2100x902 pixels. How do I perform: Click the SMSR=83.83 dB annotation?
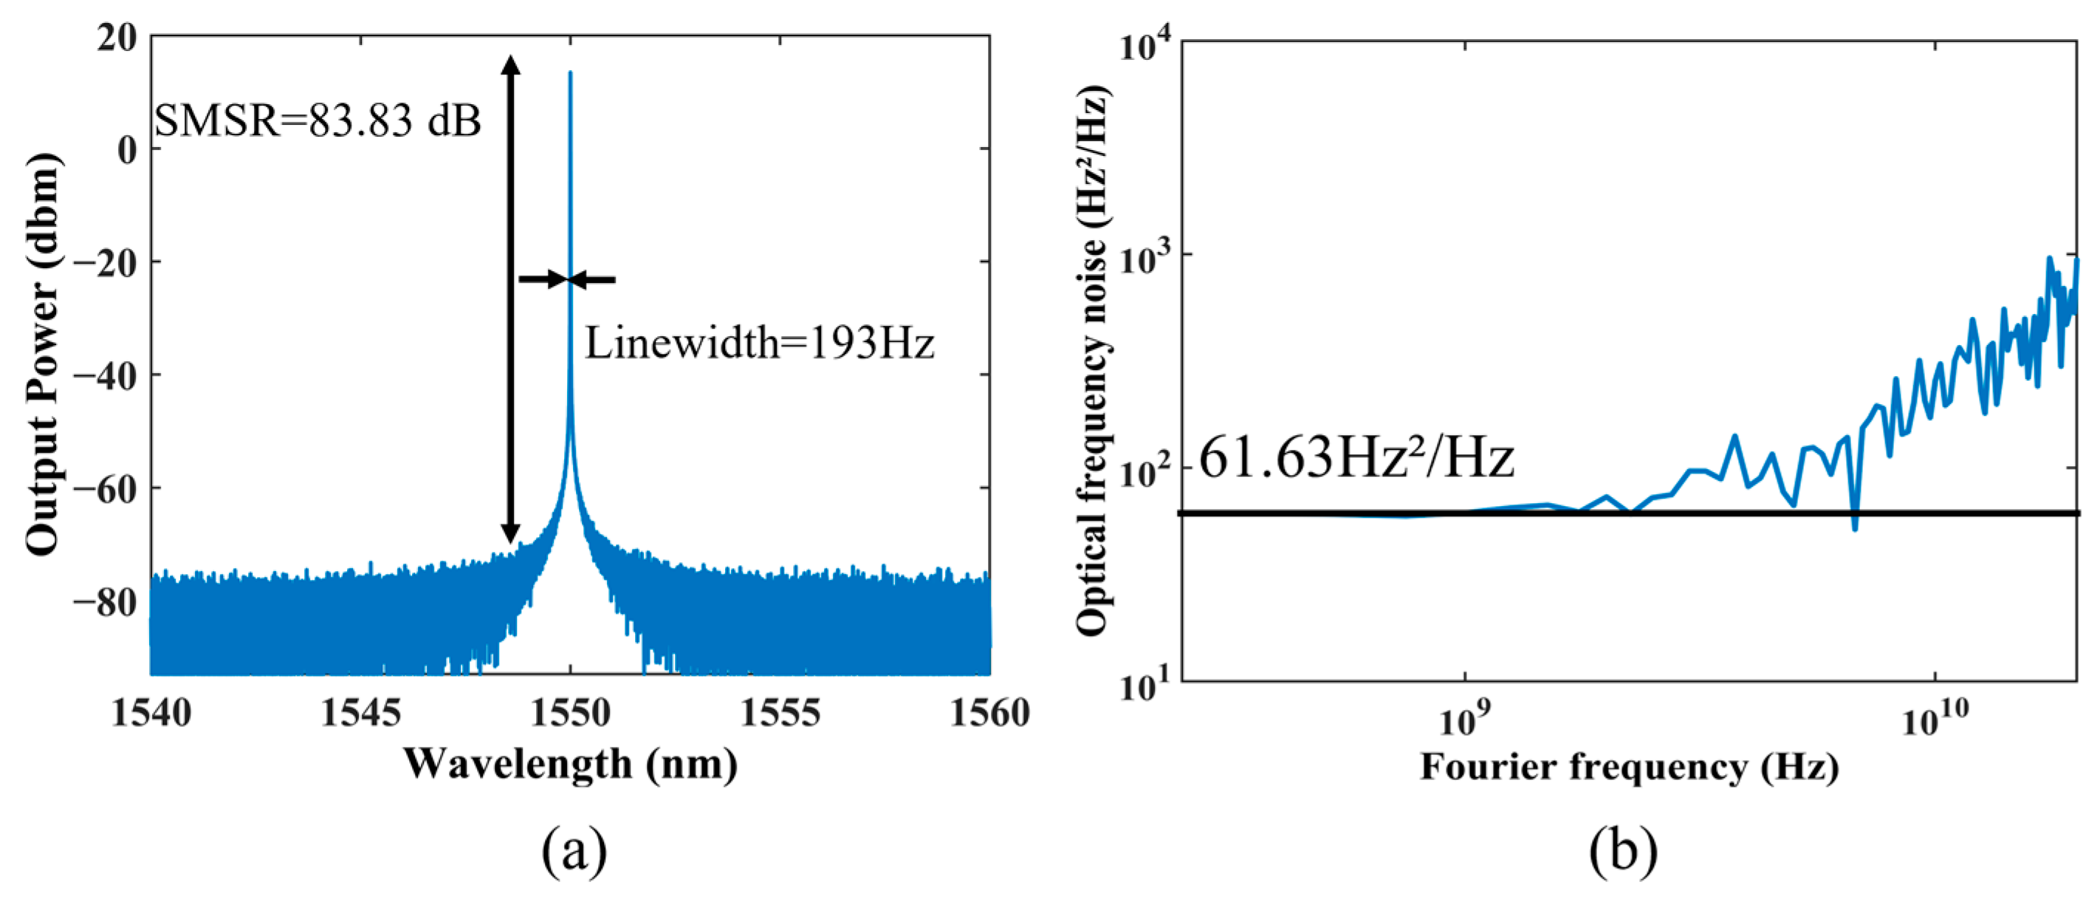coord(318,120)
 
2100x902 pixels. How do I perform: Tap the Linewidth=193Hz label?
coord(759,344)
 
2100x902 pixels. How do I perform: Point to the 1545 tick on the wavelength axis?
coord(360,714)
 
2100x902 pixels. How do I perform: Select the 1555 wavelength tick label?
coord(780,714)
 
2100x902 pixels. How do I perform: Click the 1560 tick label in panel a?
coord(989,714)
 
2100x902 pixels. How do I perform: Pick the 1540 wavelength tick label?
coord(151,714)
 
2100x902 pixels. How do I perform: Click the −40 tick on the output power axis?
coord(104,375)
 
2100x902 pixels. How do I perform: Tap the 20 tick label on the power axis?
coord(117,38)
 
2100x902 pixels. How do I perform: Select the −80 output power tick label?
coord(104,603)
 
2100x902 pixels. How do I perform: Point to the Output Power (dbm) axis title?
coord(42,355)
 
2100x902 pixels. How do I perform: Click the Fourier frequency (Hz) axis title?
coord(1629,767)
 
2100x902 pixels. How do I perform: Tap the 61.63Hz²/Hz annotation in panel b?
coord(1356,458)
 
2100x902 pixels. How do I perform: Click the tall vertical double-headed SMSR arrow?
coord(510,299)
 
